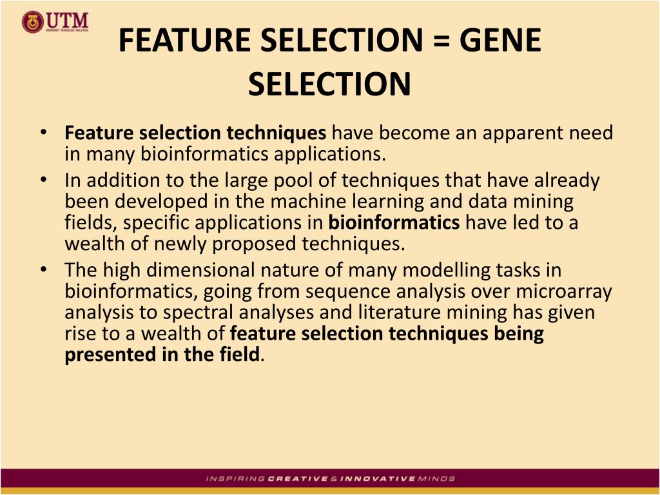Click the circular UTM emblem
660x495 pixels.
tap(32, 23)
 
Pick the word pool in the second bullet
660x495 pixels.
tap(316, 180)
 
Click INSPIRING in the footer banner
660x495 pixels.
tap(235, 479)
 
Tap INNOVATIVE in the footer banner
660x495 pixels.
tap(377, 479)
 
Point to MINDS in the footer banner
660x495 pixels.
tap(436, 479)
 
